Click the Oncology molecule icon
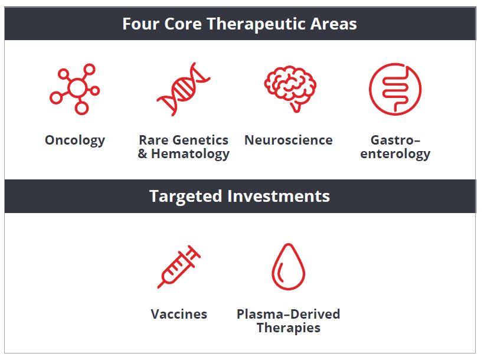pyautogui.click(x=77, y=89)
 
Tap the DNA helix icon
pyautogui.click(x=184, y=89)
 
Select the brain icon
pyautogui.click(x=290, y=89)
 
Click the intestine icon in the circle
pyautogui.click(x=395, y=89)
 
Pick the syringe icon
pyautogui.click(x=179, y=267)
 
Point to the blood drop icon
pyautogui.click(x=288, y=267)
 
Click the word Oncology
pyautogui.click(x=75, y=141)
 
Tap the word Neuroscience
pyautogui.click(x=289, y=140)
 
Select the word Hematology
pyautogui.click(x=190, y=154)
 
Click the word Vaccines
pyautogui.click(x=179, y=314)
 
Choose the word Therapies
pyautogui.click(x=289, y=328)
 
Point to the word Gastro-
pyautogui.click(x=395, y=140)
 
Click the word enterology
pyautogui.click(x=395, y=154)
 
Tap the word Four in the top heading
pyautogui.click(x=140, y=24)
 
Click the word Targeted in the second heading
pyautogui.click(x=185, y=197)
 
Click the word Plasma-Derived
pyautogui.click(x=288, y=314)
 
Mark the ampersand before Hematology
pyautogui.click(x=142, y=153)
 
